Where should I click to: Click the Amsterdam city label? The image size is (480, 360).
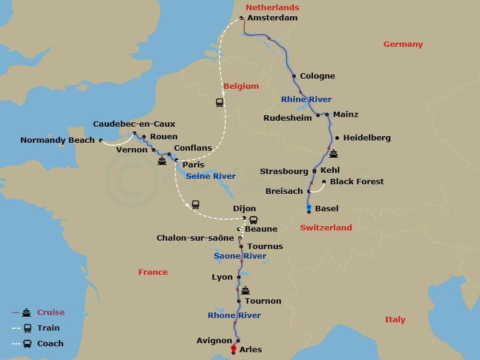click(272, 18)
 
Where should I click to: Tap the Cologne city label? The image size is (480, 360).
click(317, 76)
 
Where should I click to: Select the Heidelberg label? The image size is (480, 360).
click(367, 137)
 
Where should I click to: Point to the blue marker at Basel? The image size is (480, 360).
click(308, 208)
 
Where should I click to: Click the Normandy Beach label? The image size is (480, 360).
click(58, 140)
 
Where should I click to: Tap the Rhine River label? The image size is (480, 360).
click(306, 99)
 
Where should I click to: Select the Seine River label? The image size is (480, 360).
click(211, 176)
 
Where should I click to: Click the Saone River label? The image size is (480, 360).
click(240, 256)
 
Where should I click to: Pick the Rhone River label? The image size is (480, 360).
click(234, 315)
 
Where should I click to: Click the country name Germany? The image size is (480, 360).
click(403, 44)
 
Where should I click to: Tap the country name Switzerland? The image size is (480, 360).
click(326, 227)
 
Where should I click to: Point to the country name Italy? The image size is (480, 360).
click(395, 320)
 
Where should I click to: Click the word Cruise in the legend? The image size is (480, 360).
click(51, 312)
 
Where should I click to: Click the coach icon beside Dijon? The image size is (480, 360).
click(253, 220)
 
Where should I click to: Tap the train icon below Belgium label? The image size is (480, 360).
click(220, 103)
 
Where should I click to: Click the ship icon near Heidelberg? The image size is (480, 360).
click(334, 154)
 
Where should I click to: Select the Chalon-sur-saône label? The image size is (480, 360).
click(195, 238)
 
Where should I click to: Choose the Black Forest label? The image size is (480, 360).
click(357, 181)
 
